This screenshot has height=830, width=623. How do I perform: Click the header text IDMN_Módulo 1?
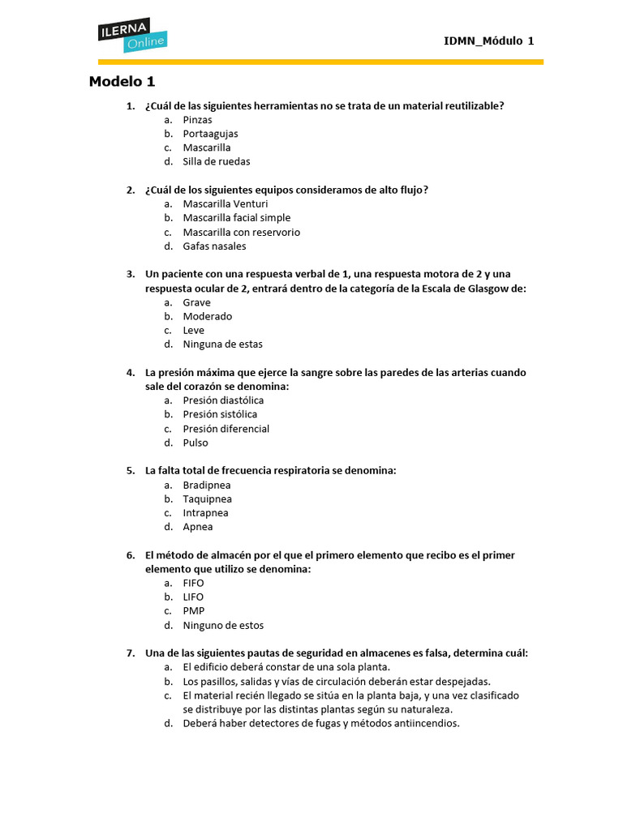[x=488, y=41]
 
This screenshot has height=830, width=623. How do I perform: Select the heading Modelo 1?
[x=122, y=82]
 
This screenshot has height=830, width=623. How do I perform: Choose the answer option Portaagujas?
[x=210, y=134]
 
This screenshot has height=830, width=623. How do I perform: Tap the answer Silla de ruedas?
[x=216, y=161]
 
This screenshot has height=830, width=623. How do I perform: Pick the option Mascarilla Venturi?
[x=225, y=203]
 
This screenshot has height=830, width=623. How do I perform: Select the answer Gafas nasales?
[x=214, y=246]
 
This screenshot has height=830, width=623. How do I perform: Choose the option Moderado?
[x=207, y=316]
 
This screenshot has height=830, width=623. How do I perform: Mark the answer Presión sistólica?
[x=220, y=414]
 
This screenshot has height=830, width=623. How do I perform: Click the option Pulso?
[x=195, y=443]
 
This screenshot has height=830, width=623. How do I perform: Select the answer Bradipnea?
[x=207, y=485]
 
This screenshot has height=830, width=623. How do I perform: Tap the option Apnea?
[x=198, y=527]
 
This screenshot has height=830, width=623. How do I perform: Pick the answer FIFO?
[x=193, y=583]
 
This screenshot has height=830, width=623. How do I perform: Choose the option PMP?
[x=193, y=611]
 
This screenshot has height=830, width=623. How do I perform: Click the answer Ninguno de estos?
[x=223, y=626]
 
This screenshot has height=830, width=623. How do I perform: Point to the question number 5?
[x=130, y=470]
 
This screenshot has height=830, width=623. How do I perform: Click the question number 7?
[x=130, y=653]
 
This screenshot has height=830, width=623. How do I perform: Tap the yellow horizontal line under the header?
[x=320, y=62]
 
